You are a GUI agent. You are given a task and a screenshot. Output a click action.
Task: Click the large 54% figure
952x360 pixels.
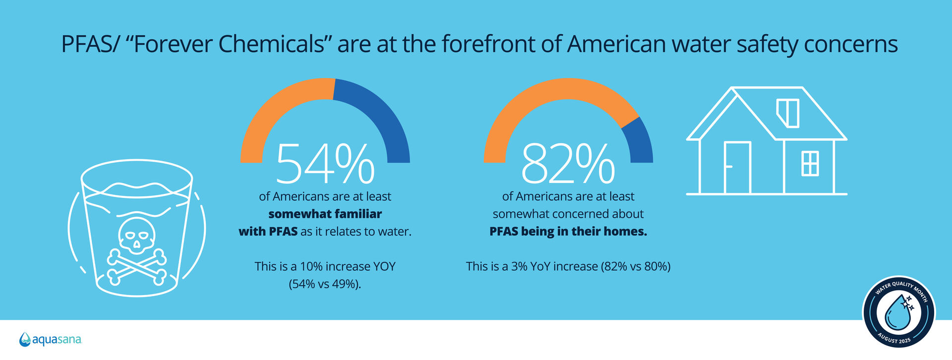[325, 164]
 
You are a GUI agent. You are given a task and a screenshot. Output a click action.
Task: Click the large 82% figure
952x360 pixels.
[568, 164]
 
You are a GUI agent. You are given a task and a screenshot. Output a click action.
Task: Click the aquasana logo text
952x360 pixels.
[57, 340]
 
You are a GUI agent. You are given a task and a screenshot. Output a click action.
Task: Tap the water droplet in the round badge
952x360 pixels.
[898, 312]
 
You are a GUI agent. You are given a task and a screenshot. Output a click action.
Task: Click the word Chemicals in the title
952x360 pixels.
[271, 44]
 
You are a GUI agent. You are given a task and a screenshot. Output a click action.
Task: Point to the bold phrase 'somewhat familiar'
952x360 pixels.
[325, 214]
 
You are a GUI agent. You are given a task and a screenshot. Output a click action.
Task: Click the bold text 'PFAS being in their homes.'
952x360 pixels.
[568, 232]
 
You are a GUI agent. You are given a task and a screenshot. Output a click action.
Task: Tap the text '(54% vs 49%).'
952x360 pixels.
[325, 284]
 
